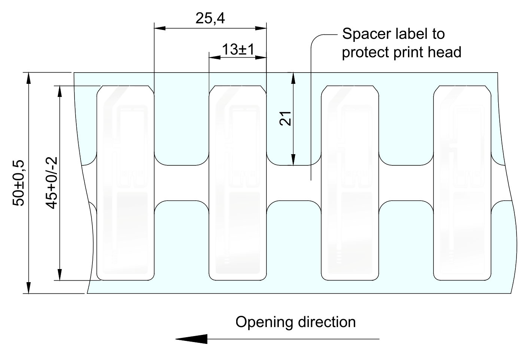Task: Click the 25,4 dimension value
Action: coord(210,18)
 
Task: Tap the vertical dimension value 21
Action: coord(286,118)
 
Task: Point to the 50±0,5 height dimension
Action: coord(18,183)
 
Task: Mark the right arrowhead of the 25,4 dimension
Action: coord(261,28)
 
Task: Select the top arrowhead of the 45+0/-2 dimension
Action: coord(59,92)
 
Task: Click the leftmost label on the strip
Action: coord(125,183)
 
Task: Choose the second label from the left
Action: coord(238,183)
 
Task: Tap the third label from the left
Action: coord(350,183)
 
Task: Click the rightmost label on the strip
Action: coord(462,183)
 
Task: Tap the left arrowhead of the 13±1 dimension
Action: coord(214,58)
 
